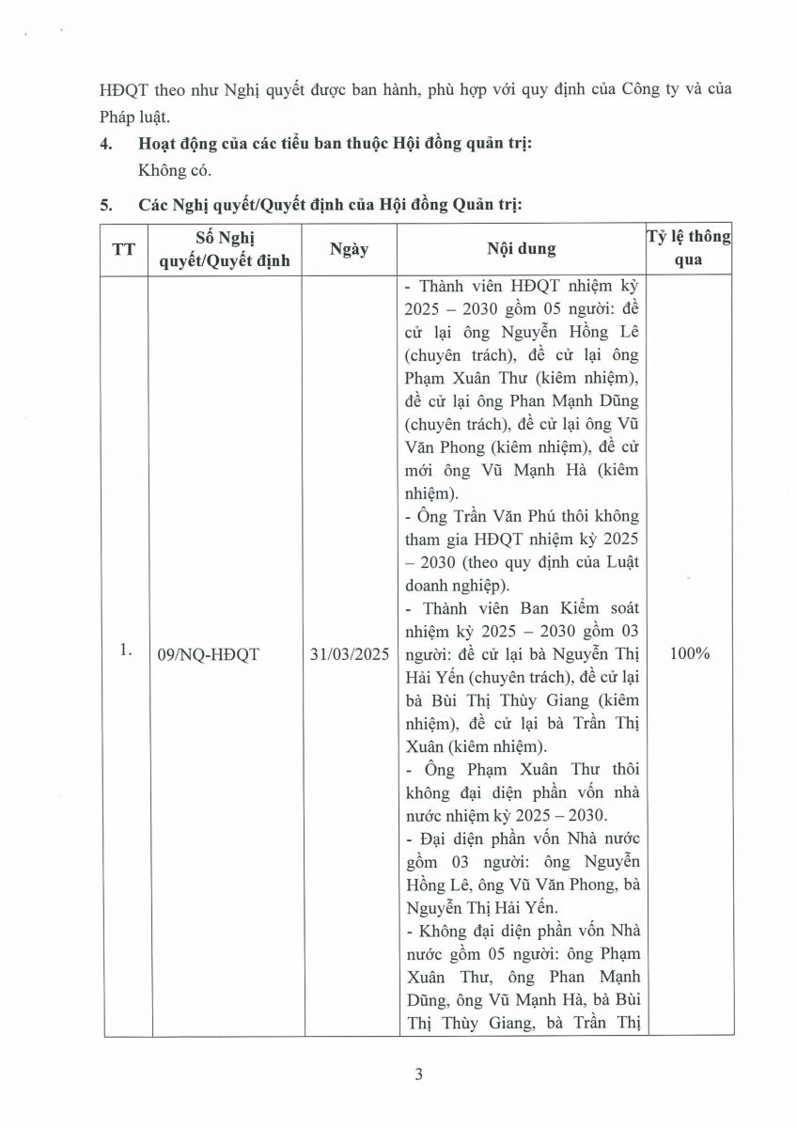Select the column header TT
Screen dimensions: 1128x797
pyautogui.click(x=123, y=249)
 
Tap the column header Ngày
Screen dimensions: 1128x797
pyautogui.click(x=349, y=249)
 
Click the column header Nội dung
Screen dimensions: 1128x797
pyautogui.click(x=521, y=249)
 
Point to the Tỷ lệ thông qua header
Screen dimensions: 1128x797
pyautogui.click(x=688, y=248)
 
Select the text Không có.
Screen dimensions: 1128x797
pyautogui.click(x=175, y=172)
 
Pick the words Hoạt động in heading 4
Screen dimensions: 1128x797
pyautogui.click(x=174, y=145)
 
